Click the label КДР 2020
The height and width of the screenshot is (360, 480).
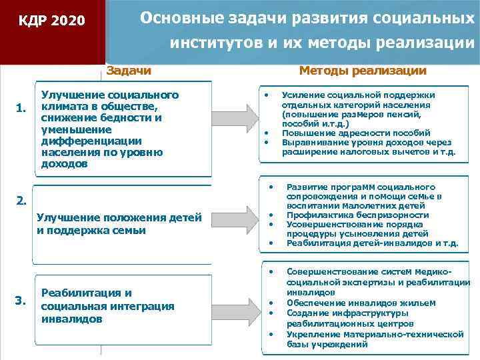pyautogui.click(x=51, y=21)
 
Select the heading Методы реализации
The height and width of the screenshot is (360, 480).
pyautogui.click(x=363, y=71)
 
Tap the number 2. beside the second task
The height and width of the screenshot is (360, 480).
pyautogui.click(x=22, y=200)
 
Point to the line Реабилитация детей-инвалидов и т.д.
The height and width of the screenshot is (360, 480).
pyautogui.click(x=372, y=243)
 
